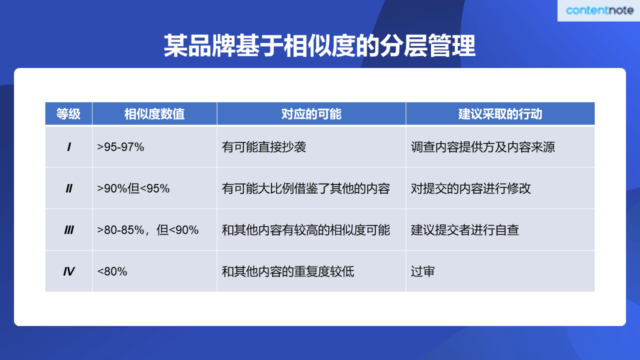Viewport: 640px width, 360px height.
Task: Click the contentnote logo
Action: [x=599, y=10]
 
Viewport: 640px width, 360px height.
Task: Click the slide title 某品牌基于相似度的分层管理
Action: [x=319, y=45]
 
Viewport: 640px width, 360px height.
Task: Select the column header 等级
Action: [x=68, y=113]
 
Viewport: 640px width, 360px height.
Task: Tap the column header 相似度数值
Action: [x=154, y=113]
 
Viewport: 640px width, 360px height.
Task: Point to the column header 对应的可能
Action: [x=311, y=113]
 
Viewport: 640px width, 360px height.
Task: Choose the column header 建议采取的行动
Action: [x=500, y=113]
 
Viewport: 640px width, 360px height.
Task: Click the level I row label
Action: [x=69, y=147]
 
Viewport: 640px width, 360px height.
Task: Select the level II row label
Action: [x=69, y=188]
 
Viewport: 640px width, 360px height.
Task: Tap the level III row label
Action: [x=69, y=230]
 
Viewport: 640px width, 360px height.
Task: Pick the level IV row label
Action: [x=69, y=271]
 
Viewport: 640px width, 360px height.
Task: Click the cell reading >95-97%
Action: [x=120, y=147]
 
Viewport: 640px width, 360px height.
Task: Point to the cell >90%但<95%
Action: [x=133, y=188]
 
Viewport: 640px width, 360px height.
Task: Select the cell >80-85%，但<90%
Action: [x=147, y=230]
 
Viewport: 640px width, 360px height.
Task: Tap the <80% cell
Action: [x=112, y=271]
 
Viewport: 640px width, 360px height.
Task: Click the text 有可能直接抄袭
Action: [x=264, y=147]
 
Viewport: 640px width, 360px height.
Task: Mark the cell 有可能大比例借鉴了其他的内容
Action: [x=306, y=188]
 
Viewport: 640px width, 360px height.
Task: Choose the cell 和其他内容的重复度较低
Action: [x=288, y=271]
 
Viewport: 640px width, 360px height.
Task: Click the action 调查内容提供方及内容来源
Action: [x=483, y=147]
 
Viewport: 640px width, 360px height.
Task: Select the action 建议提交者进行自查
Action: [x=465, y=230]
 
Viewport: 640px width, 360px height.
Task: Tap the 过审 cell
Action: [x=423, y=271]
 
